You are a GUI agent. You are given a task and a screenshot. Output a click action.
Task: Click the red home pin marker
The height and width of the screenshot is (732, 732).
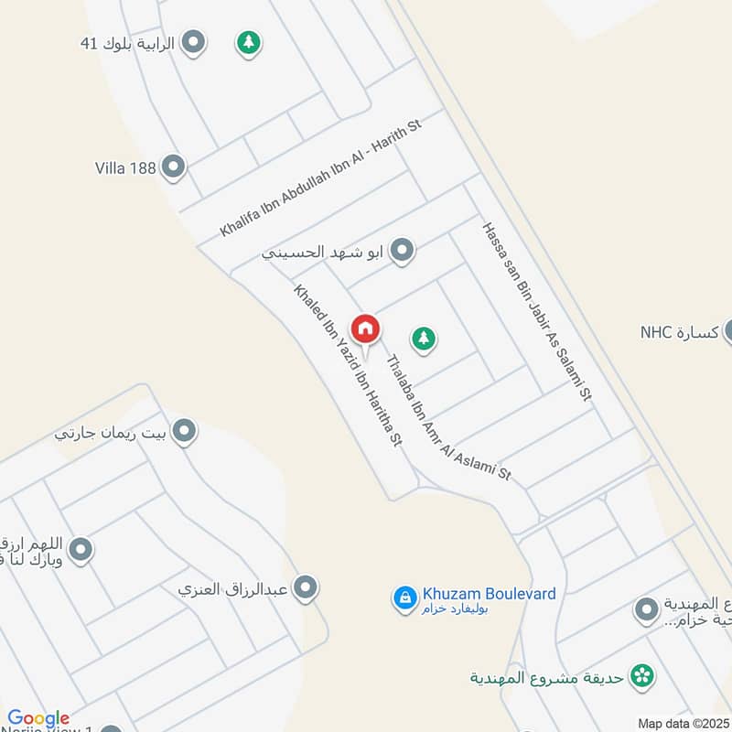(x=365, y=328)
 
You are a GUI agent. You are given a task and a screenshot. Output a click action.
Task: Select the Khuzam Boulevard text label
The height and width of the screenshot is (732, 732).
(x=489, y=594)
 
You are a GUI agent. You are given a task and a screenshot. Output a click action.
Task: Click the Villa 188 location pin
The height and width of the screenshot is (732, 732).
(x=173, y=167)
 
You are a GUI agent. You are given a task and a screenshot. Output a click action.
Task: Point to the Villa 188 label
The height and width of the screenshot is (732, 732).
(x=125, y=167)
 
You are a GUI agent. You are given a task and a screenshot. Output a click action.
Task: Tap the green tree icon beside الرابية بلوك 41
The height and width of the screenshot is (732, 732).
(x=247, y=42)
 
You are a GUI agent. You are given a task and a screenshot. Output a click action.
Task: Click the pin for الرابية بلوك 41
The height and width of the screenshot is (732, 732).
(x=193, y=41)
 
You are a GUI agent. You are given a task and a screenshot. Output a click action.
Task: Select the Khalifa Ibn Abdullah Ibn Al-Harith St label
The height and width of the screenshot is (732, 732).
(x=319, y=178)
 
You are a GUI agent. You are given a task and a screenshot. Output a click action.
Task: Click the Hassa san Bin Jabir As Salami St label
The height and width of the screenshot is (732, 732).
(x=538, y=311)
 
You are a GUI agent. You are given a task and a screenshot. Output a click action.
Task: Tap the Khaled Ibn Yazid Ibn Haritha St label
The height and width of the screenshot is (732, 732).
(x=348, y=366)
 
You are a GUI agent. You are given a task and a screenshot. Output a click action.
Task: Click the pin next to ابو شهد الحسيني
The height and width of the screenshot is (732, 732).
(x=401, y=249)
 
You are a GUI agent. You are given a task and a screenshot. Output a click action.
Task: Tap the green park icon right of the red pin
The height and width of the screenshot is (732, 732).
(x=423, y=339)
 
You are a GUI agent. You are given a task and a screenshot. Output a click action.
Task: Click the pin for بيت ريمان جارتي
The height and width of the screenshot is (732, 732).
(x=185, y=431)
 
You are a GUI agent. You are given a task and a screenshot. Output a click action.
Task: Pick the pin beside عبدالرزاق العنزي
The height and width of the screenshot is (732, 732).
(x=307, y=587)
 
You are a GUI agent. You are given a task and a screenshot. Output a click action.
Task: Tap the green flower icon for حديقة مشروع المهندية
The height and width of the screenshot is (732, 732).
(x=645, y=676)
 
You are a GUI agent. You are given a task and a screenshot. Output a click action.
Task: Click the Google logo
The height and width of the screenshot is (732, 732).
(x=38, y=718)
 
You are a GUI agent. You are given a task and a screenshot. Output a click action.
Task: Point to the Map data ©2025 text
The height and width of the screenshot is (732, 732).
(x=683, y=724)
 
